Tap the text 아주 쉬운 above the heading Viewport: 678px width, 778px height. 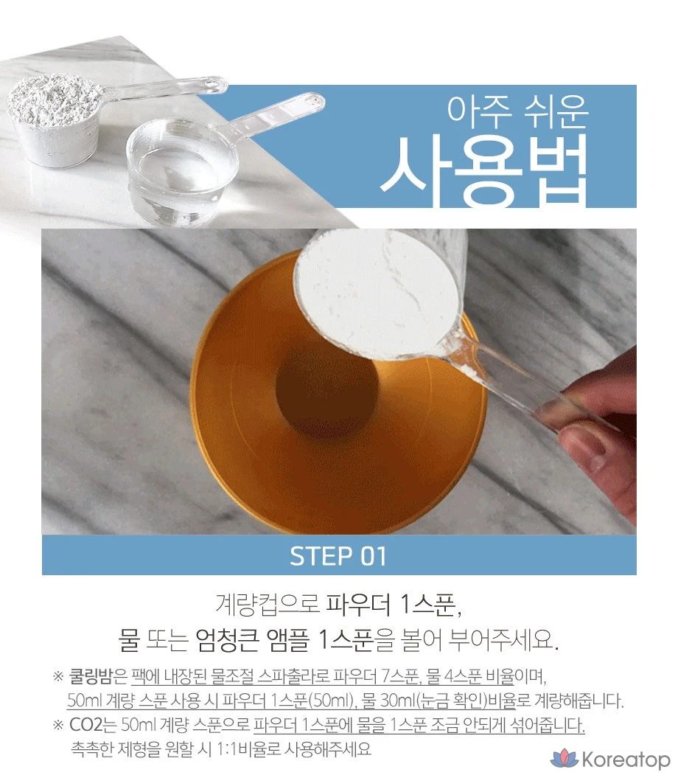coord(517,112)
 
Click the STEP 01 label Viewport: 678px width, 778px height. coord(338,556)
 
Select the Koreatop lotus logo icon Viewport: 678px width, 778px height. coord(565,759)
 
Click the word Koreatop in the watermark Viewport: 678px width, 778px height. coord(626,760)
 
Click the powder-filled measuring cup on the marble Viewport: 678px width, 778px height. coord(55,119)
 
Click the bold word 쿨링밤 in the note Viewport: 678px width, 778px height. coord(91,675)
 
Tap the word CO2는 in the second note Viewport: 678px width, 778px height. coord(92,725)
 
